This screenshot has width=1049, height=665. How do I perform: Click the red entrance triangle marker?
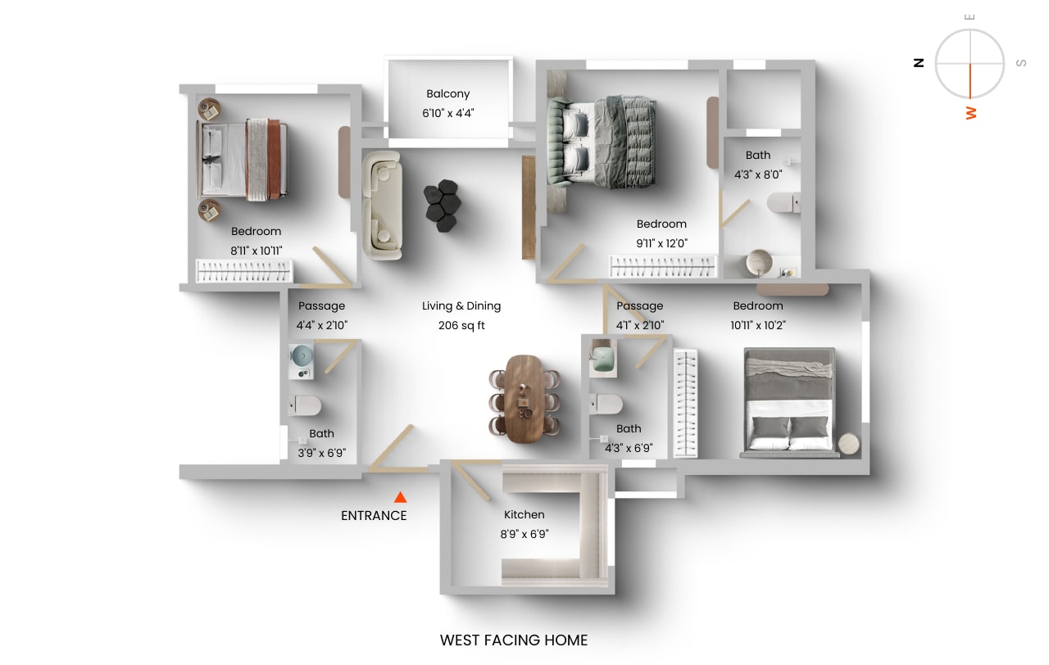tap(400, 497)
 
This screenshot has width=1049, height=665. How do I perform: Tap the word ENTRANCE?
tap(374, 516)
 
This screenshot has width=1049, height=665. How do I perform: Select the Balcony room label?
tap(448, 94)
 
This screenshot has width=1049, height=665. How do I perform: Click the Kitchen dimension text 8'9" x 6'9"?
tap(524, 534)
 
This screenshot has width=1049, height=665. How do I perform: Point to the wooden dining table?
tap(524, 398)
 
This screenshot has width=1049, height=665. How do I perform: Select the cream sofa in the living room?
tap(382, 206)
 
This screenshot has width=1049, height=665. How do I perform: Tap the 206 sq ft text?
tap(461, 325)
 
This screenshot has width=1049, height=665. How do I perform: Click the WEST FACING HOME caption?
tap(514, 640)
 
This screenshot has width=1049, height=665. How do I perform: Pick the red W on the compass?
tap(971, 112)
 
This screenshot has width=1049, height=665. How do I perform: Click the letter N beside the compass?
tap(920, 62)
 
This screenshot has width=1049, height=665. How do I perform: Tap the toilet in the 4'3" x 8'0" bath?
tap(783, 202)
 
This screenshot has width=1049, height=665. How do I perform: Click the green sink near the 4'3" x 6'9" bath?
tap(605, 360)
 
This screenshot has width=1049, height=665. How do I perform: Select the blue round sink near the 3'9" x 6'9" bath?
tap(302, 355)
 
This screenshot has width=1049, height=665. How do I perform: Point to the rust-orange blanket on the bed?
tap(273, 159)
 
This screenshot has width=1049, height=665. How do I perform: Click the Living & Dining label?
tap(461, 306)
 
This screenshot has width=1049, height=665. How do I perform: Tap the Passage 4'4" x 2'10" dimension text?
tap(322, 325)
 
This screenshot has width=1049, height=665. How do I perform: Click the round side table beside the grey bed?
tap(850, 443)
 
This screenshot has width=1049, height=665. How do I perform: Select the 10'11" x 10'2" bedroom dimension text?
tap(758, 325)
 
